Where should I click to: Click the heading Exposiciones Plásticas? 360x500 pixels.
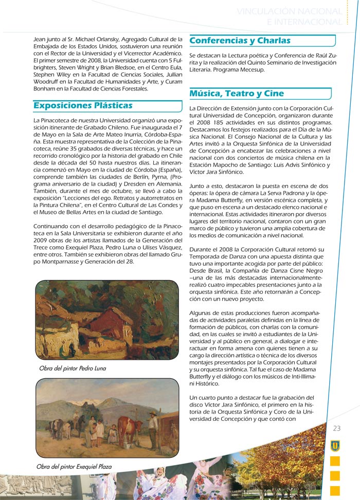[83, 106]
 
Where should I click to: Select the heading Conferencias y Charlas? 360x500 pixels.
[240, 41]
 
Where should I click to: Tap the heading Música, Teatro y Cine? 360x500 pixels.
[237, 94]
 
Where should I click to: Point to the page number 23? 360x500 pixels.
[337, 429]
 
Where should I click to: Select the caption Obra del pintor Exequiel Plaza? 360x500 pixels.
[74, 467]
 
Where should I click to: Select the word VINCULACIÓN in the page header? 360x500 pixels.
[267, 11]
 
